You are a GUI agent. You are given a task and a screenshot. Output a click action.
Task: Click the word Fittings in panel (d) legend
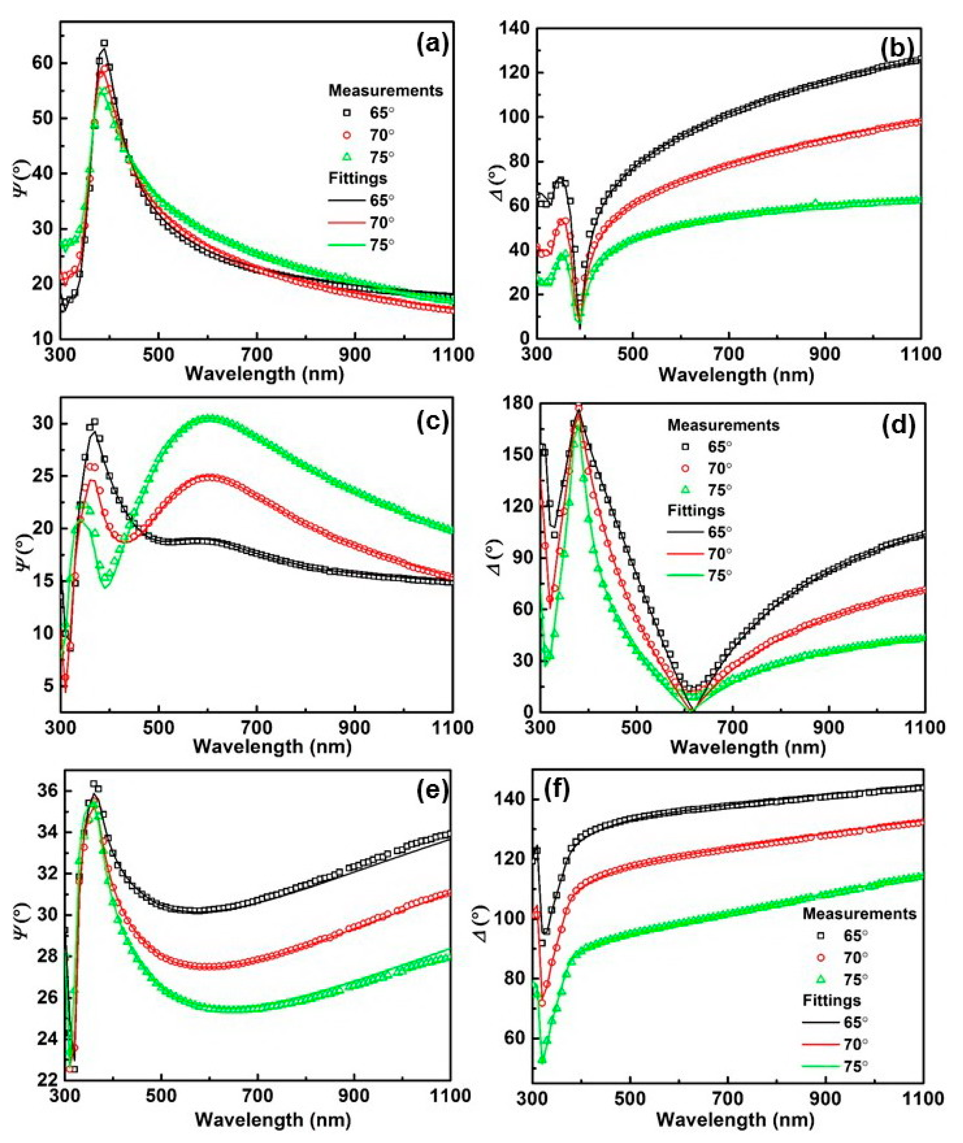696,510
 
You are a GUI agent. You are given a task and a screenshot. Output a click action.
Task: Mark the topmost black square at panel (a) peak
104,43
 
